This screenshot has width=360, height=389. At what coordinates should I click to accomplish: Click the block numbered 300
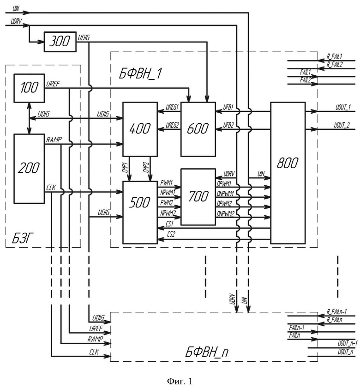60,42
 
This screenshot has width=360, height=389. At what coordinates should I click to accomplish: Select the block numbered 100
29,88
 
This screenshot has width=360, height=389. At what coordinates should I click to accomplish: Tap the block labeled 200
29,169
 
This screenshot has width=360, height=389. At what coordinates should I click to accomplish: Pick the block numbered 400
140,129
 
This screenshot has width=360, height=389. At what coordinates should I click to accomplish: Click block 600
198,129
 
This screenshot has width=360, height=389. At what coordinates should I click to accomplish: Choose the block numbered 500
140,213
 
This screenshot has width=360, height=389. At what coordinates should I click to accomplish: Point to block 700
198,197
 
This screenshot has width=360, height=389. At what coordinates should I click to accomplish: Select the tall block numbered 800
288,173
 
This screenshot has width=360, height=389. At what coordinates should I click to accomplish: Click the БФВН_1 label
140,73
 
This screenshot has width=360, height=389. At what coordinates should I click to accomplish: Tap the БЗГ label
23,238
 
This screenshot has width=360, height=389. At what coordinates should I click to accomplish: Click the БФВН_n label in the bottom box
207,352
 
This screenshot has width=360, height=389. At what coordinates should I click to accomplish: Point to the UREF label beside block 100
53,84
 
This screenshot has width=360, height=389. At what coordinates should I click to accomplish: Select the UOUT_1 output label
343,107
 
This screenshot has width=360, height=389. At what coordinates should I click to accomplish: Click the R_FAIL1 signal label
335,56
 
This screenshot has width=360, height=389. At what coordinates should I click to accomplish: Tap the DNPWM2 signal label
225,213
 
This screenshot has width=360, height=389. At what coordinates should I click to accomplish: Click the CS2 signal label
171,234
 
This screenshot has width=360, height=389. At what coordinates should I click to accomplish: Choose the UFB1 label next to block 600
228,108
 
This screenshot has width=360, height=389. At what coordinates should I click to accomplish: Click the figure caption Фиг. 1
180,381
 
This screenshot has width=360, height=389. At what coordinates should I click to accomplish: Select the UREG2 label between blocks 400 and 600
172,125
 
